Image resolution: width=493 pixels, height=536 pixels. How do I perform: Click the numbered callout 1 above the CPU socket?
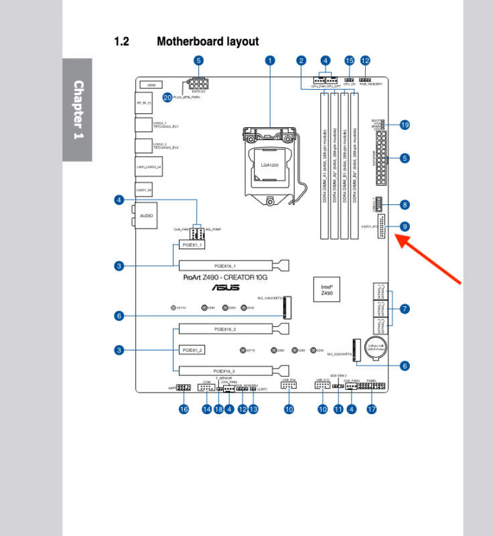point(270,60)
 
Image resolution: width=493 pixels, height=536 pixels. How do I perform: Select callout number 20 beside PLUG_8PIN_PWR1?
point(167,96)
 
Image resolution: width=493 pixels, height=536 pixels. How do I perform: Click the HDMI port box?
point(151,86)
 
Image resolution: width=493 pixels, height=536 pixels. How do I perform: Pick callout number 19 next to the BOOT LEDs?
point(404,125)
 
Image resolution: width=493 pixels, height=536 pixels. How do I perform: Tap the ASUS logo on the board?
point(226,287)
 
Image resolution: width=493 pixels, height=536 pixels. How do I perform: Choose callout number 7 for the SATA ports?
point(404,309)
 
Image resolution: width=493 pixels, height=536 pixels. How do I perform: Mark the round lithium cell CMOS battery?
point(372,348)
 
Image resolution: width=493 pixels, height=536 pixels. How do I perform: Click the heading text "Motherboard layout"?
point(208,42)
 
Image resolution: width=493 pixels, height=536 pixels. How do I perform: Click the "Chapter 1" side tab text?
point(78,110)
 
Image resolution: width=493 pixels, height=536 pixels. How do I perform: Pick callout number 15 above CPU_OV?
point(349,60)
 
